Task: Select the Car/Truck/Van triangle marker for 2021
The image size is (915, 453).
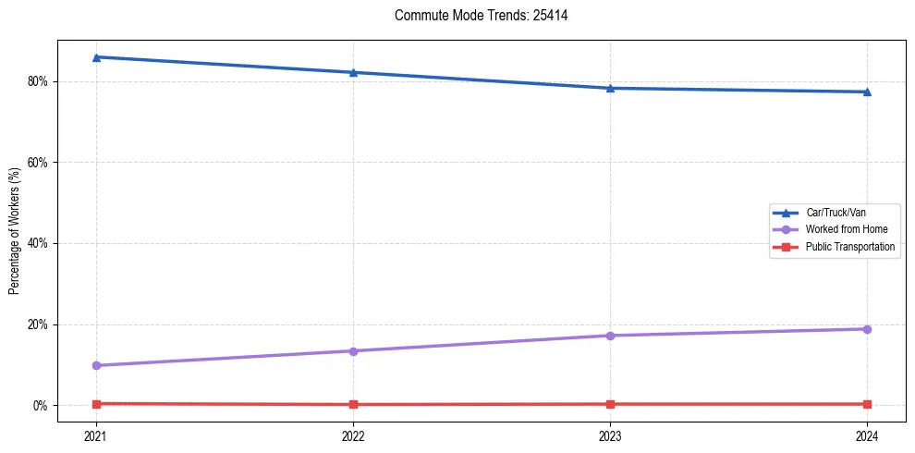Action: point(96,57)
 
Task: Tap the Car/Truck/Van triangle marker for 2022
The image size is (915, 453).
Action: point(353,72)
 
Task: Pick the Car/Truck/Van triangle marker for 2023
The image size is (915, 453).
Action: point(610,88)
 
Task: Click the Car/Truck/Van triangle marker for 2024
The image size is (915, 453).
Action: point(867,92)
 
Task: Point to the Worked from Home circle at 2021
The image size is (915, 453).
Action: point(96,365)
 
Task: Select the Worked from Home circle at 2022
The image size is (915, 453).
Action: point(353,350)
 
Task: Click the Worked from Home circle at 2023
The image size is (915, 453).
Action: point(610,336)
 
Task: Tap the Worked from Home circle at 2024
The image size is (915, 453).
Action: point(867,329)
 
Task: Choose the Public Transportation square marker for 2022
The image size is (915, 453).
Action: point(353,404)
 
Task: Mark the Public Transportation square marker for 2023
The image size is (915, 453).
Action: point(610,404)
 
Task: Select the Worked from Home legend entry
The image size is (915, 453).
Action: point(841,229)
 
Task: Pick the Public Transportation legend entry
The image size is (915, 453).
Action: point(849,247)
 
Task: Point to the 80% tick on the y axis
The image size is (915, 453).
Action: point(38,81)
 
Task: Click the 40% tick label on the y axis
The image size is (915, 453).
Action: point(38,243)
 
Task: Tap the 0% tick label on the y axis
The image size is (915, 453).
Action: point(41,406)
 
